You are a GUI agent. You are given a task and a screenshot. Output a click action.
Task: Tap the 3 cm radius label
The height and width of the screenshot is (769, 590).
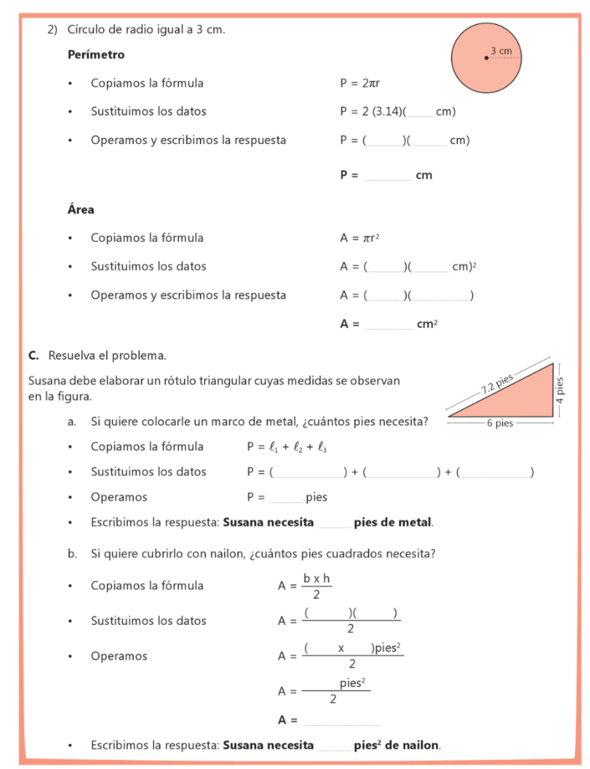click(501, 51)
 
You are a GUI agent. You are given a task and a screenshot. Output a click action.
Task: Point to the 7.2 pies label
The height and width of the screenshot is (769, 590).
click(497, 384)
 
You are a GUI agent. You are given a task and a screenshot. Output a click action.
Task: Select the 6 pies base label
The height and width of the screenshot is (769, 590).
click(500, 424)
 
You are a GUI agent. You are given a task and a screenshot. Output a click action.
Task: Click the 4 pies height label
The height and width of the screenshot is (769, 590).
click(560, 388)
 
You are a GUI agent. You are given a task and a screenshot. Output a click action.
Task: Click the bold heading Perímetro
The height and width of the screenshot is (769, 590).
click(96, 55)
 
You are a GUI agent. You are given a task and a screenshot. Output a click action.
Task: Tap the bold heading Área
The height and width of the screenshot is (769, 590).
click(80, 210)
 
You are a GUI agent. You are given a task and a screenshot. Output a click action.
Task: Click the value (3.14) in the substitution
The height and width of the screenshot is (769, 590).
click(386, 112)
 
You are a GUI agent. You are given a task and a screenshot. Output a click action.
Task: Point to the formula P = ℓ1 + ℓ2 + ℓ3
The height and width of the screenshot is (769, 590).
click(287, 447)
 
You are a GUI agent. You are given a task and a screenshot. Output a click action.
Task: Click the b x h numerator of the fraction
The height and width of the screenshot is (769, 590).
click(316, 578)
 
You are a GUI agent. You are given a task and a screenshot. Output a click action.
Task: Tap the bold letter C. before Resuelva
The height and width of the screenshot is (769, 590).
click(34, 354)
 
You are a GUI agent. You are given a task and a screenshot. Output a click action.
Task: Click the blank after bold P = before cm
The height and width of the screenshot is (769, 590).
click(387, 176)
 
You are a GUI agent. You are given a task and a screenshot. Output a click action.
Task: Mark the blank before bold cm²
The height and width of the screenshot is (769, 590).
click(389, 324)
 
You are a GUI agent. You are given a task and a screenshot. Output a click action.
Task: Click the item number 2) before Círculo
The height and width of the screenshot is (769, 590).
click(53, 30)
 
